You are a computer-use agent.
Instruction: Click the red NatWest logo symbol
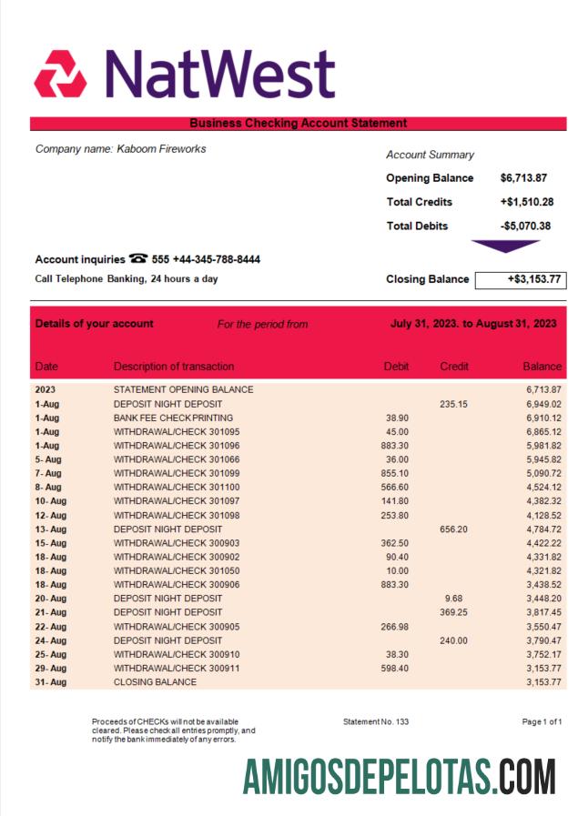tap(60, 75)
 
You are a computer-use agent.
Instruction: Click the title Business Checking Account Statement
tap(298, 124)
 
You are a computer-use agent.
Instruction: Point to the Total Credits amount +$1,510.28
tap(527, 202)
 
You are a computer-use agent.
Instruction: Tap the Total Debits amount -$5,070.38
tap(526, 226)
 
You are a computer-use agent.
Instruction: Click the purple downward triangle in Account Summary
tap(505, 247)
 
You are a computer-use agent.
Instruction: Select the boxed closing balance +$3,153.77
tap(521, 279)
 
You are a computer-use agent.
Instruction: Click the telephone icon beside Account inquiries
tap(138, 259)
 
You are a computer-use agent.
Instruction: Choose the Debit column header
tap(396, 367)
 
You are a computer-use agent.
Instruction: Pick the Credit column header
tap(453, 367)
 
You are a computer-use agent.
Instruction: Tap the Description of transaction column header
tap(173, 367)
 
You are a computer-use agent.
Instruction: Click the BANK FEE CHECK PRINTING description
tap(173, 418)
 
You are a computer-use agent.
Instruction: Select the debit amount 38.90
tap(397, 418)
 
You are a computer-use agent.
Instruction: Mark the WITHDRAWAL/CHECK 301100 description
tap(177, 487)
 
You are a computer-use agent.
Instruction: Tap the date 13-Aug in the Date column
tap(50, 529)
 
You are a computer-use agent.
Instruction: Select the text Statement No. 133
tap(375, 721)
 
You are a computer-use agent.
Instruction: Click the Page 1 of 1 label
tap(542, 721)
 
